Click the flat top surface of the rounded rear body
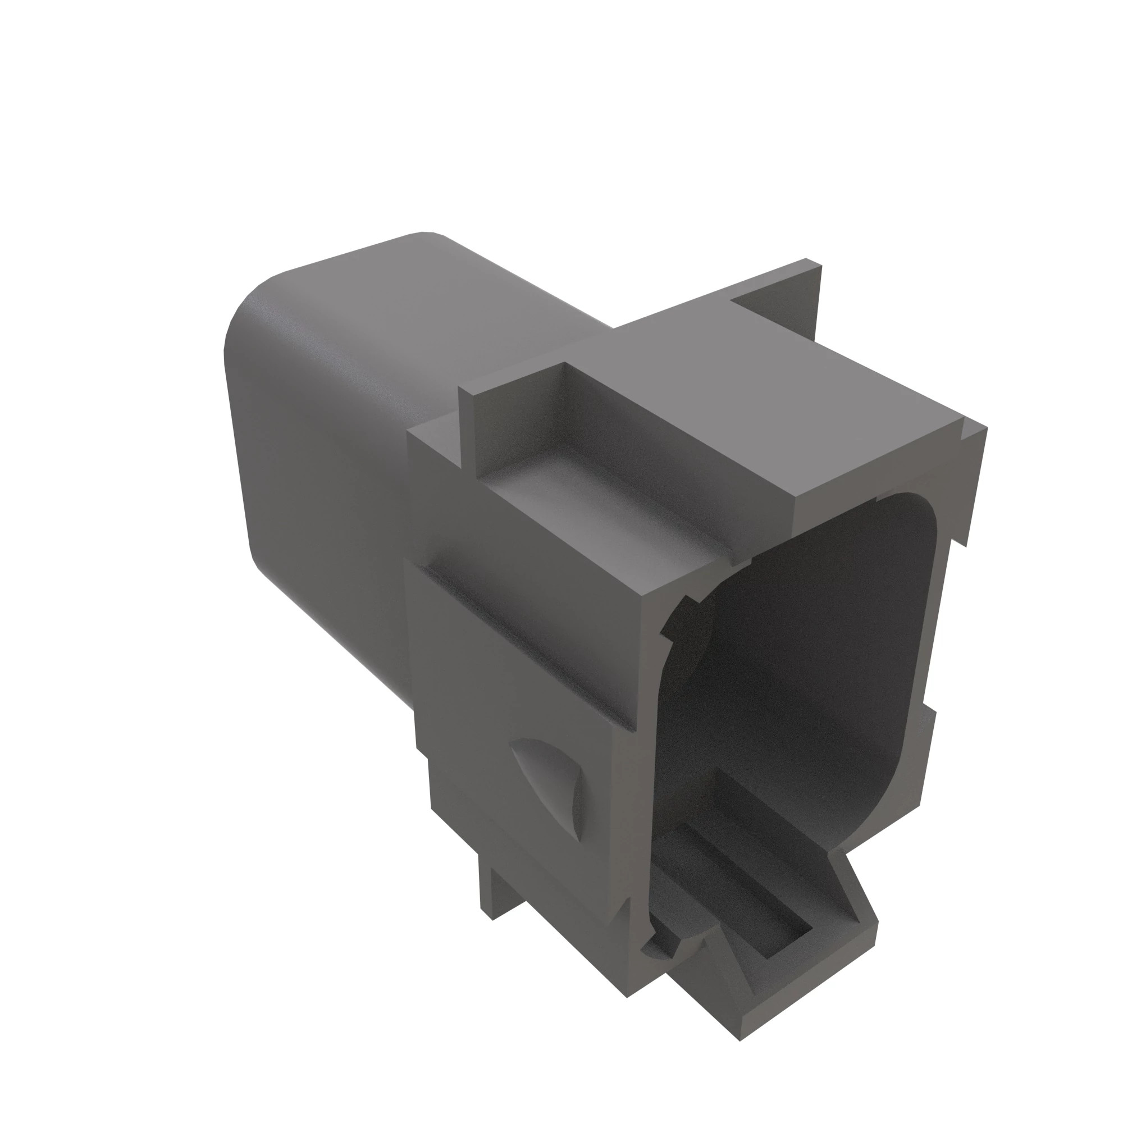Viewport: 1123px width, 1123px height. (407, 291)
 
